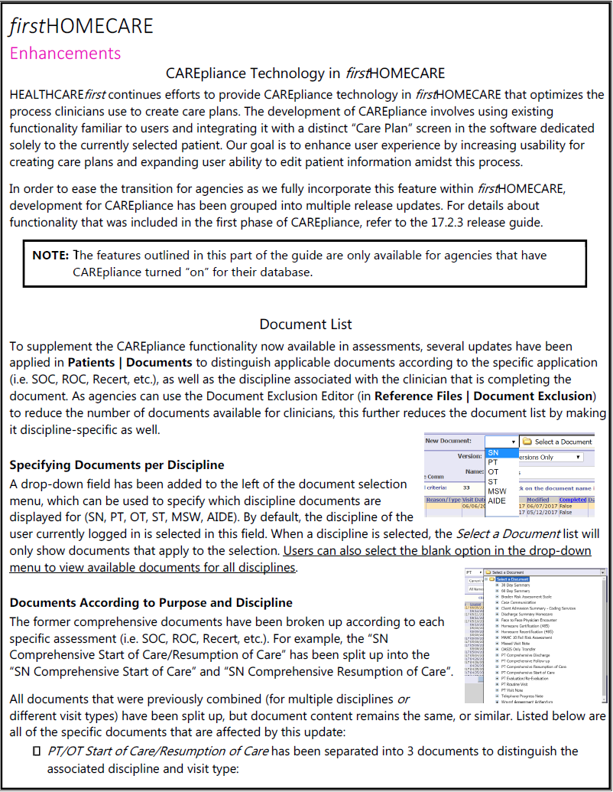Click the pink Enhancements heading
pos(65,53)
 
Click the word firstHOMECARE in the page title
pos(81,26)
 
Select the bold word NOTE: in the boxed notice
pos(50,255)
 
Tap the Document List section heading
pos(306,324)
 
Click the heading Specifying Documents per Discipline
pos(117,464)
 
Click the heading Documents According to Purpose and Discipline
pos(151,602)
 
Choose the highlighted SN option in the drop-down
pos(493,453)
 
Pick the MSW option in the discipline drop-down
pos(497,491)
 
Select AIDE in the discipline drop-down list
pos(497,500)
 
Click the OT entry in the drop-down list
pos(493,472)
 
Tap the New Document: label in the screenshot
pos(449,442)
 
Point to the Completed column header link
pos(573,499)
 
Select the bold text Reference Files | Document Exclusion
pos(483,396)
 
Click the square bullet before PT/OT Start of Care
pos(36,751)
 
